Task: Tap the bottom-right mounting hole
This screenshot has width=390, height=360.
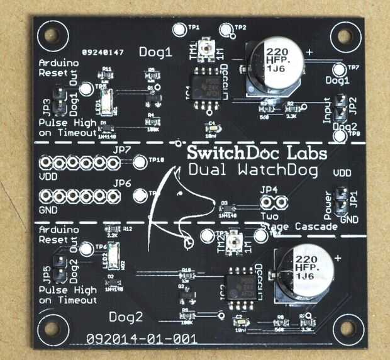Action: (345, 329)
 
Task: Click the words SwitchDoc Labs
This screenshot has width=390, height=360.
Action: (257, 154)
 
